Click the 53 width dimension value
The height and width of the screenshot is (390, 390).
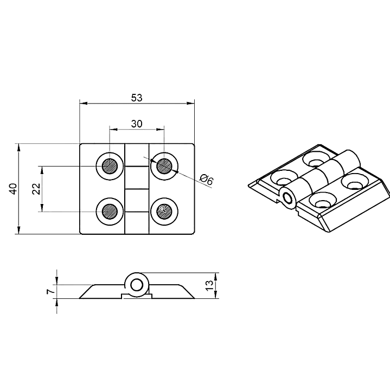pyautogui.click(x=137, y=98)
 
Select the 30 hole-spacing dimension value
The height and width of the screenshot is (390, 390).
pyautogui.click(x=137, y=124)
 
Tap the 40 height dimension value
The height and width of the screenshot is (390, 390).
pyautogui.click(x=13, y=189)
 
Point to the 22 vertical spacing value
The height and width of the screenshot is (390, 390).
pyautogui.click(x=36, y=189)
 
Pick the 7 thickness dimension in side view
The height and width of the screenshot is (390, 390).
pyautogui.click(x=50, y=291)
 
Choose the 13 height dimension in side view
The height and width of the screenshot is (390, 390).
pyautogui.click(x=209, y=285)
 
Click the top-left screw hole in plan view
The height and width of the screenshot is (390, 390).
pyautogui.click(x=110, y=166)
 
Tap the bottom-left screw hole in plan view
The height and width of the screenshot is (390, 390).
pyautogui.click(x=110, y=212)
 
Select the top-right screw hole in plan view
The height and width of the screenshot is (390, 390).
pyautogui.click(x=164, y=166)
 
